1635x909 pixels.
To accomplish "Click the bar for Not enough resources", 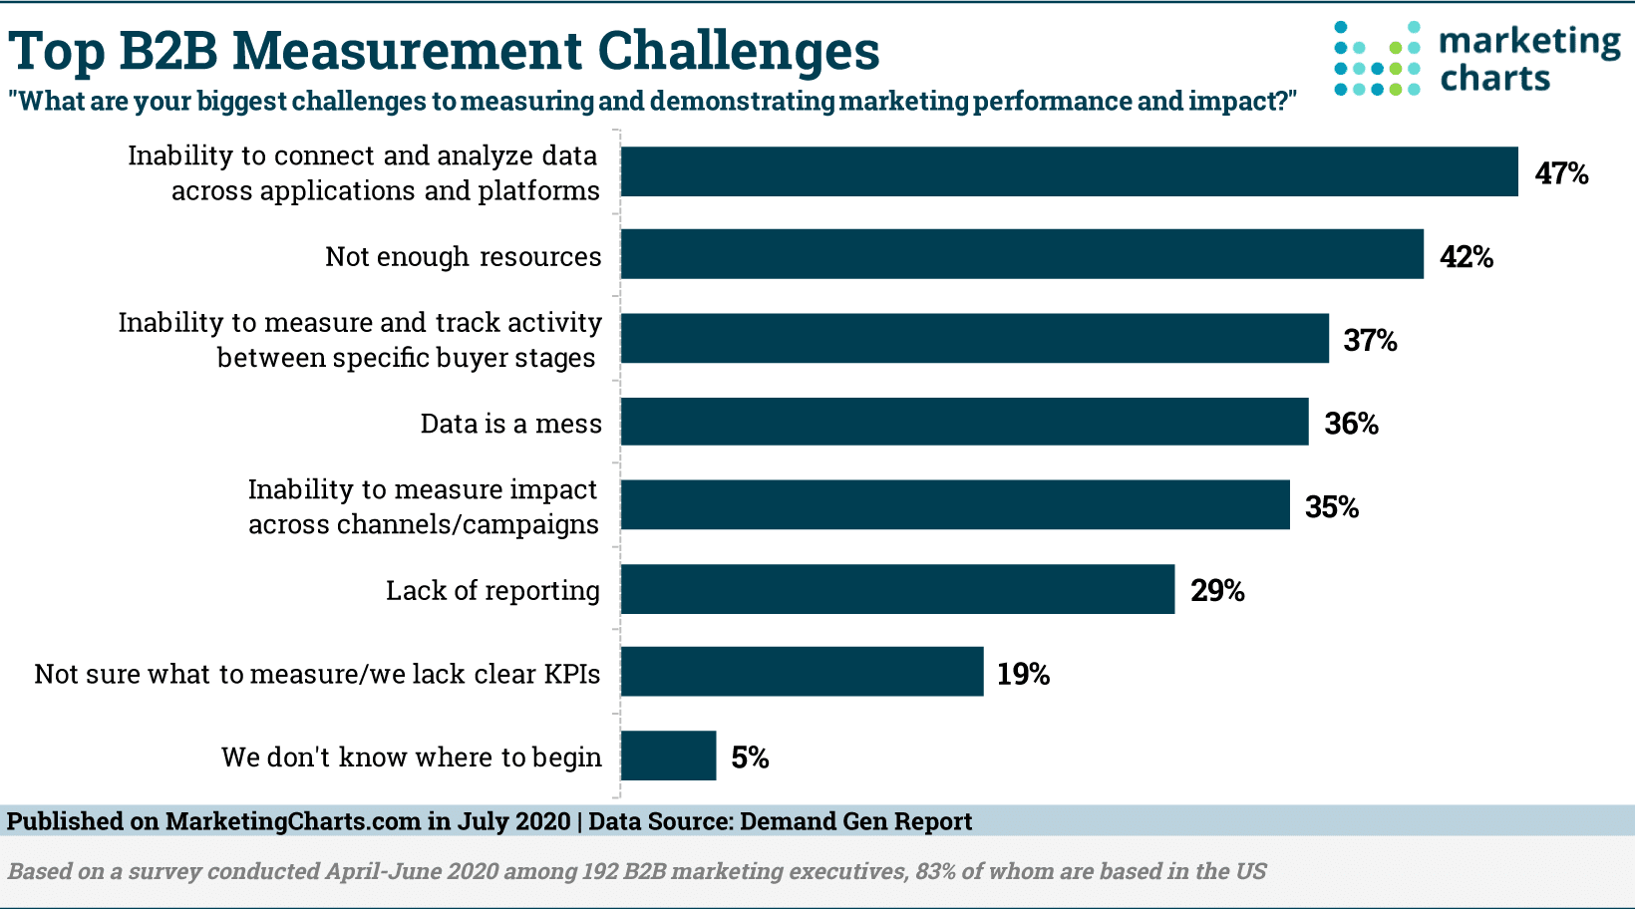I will [1022, 254].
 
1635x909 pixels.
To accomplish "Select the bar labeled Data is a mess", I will [964, 422].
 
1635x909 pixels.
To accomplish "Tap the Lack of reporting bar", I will [897, 589].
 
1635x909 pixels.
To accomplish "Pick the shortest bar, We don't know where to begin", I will [668, 756].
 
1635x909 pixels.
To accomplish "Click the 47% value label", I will [1561, 173].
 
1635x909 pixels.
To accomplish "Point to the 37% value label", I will [1370, 341].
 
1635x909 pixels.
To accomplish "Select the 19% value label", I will [1023, 675].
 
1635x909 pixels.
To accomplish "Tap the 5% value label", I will [750, 758].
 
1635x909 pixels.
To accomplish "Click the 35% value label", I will [1332, 507].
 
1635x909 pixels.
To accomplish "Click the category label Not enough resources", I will [463, 257].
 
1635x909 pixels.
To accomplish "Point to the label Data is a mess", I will [510, 424].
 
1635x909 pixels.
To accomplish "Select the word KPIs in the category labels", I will [571, 675].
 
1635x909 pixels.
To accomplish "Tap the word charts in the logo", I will [1494, 79].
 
